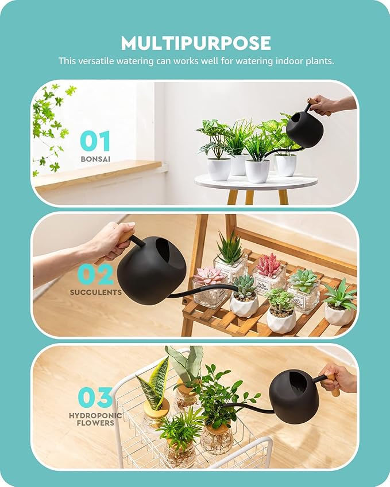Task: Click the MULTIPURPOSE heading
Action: point(195,42)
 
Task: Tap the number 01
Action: point(95,141)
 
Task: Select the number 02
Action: point(95,275)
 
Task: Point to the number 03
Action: point(95,398)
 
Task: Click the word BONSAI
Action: point(95,158)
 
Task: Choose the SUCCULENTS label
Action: point(96,292)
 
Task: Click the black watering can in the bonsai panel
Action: point(304,129)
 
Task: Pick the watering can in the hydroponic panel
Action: point(294,396)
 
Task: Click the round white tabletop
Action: point(256,182)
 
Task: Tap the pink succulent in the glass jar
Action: point(210,276)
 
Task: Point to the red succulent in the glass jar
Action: point(269,265)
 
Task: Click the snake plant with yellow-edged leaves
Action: point(152,384)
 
